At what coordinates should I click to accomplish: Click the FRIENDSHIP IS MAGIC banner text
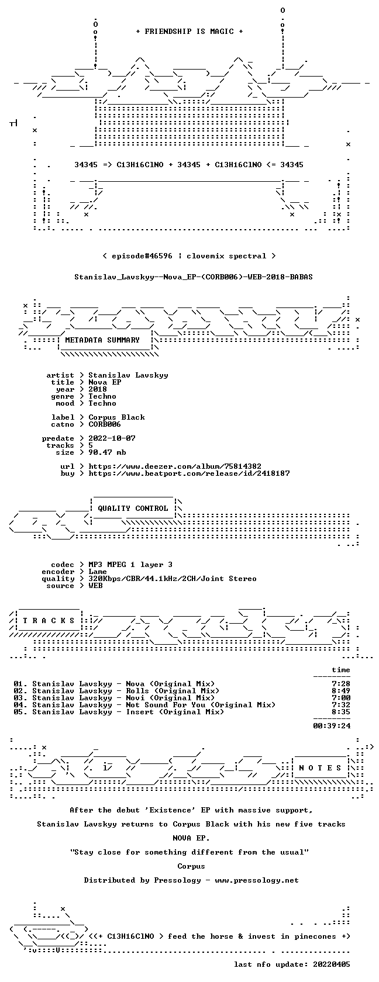(x=189, y=32)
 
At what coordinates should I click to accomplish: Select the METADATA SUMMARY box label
(x=102, y=340)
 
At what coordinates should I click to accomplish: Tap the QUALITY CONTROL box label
(x=133, y=509)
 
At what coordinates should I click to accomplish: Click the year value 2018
(x=97, y=389)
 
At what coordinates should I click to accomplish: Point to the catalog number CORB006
(x=104, y=424)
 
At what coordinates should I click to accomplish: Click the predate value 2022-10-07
(x=112, y=438)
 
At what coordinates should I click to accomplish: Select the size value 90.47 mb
(x=107, y=452)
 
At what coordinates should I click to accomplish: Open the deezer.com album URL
(x=175, y=466)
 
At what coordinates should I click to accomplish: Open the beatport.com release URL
(x=189, y=473)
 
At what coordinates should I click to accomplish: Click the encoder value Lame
(x=97, y=572)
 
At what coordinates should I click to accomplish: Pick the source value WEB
(x=95, y=586)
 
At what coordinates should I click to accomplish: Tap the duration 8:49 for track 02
(x=341, y=691)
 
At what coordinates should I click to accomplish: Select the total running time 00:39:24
(x=332, y=726)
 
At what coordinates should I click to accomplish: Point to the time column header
(x=341, y=670)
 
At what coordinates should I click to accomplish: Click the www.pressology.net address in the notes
(x=257, y=880)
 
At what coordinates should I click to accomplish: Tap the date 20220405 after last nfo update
(x=332, y=964)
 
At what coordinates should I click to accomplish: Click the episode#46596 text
(x=142, y=256)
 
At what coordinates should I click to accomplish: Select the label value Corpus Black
(x=117, y=417)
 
